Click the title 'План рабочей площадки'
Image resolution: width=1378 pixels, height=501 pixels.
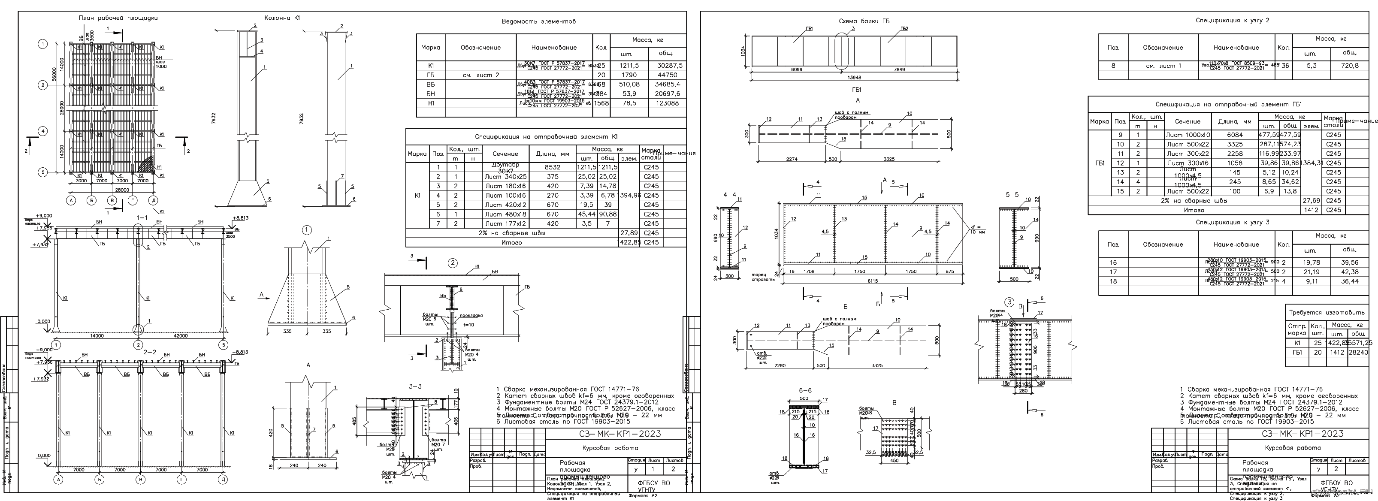click(x=118, y=18)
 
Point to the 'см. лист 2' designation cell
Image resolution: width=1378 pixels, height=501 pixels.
click(x=480, y=75)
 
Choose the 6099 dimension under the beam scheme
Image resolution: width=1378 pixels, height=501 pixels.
click(x=795, y=69)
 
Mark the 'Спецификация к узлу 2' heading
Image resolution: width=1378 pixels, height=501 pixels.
click(x=1232, y=20)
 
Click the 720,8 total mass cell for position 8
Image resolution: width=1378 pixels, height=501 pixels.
click(x=1349, y=66)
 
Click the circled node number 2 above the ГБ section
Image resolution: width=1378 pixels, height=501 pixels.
click(x=453, y=263)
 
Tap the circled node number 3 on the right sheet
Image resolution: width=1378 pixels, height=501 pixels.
click(x=1009, y=302)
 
